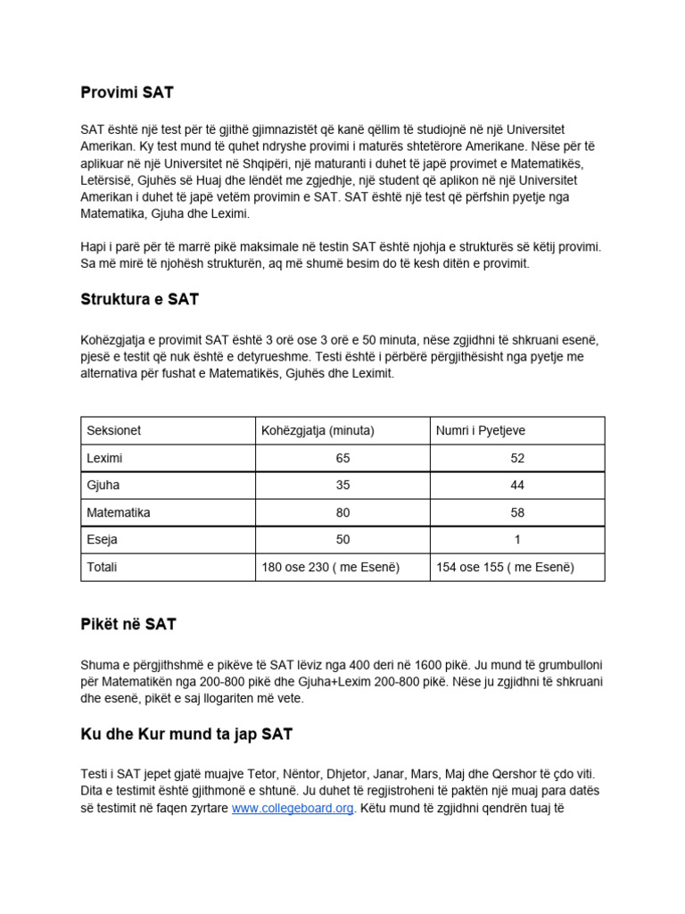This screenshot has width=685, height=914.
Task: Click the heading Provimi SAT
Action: (x=128, y=92)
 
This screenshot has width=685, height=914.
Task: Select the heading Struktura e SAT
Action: (x=139, y=300)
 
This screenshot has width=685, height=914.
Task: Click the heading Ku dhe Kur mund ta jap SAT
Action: (x=186, y=735)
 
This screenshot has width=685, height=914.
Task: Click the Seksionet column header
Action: (x=113, y=430)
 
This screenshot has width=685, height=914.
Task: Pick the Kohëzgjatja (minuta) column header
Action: (x=317, y=430)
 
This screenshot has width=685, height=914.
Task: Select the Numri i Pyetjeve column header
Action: (x=480, y=430)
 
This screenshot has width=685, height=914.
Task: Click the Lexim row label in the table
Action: (x=104, y=458)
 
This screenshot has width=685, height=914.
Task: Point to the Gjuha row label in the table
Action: (x=103, y=486)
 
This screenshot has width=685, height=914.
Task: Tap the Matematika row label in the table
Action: (x=118, y=512)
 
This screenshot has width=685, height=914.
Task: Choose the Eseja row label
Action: (x=102, y=540)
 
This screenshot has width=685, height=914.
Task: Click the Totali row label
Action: (x=102, y=567)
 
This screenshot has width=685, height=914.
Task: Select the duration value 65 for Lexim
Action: (x=343, y=458)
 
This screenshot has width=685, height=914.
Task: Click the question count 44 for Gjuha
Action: (x=517, y=486)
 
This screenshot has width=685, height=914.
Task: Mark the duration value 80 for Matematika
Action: (x=343, y=512)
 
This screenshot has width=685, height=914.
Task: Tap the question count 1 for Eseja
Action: (x=517, y=540)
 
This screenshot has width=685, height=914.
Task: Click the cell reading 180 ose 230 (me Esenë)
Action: (x=330, y=567)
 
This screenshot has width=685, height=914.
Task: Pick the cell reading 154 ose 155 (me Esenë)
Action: (x=505, y=567)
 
